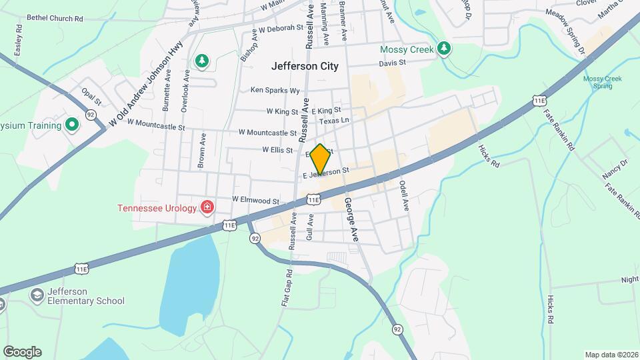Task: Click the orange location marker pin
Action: click(x=321, y=159)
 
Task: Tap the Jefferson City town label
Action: click(x=305, y=66)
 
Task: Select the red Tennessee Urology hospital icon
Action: click(x=208, y=208)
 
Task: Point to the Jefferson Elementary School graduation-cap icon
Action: click(x=37, y=295)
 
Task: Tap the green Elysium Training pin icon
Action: click(x=71, y=125)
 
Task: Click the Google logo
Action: click(x=22, y=351)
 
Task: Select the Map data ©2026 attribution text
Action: click(x=611, y=355)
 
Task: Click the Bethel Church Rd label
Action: click(x=55, y=19)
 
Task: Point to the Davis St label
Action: click(x=392, y=63)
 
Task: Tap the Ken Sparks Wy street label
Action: click(x=275, y=90)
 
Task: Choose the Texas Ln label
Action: click(x=334, y=121)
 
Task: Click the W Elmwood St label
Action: click(x=255, y=200)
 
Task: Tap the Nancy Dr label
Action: click(x=615, y=169)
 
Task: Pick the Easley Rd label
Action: click(x=17, y=41)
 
